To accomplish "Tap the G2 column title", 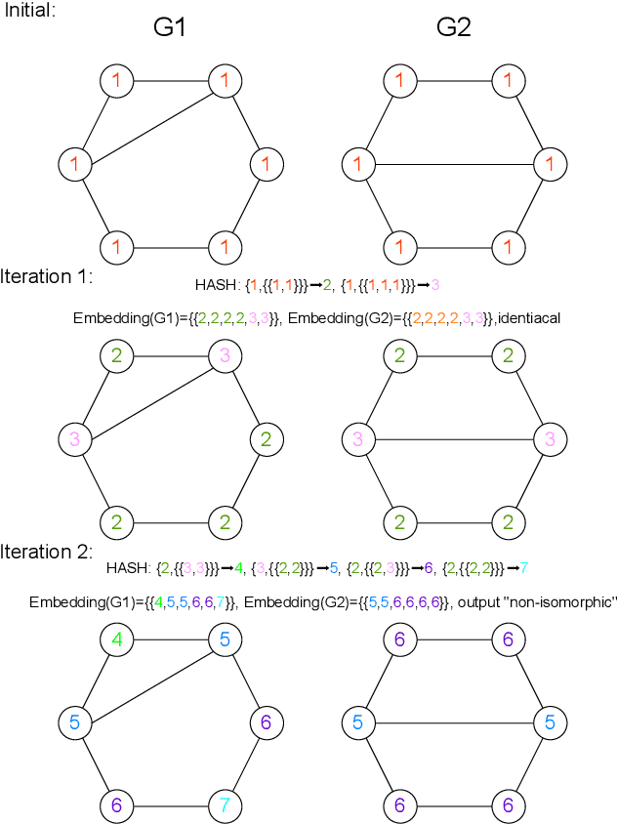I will (x=453, y=28).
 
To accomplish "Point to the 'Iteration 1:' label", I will (x=47, y=276).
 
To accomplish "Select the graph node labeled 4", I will (x=117, y=640).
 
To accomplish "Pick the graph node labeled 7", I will (x=225, y=805).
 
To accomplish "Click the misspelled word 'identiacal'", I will (x=535, y=318).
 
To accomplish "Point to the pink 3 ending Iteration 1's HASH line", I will (x=434, y=285).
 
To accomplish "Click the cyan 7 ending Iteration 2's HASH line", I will (x=524, y=566).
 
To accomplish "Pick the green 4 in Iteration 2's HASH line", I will (x=238, y=566).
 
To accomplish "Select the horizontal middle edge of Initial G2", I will (x=454, y=163).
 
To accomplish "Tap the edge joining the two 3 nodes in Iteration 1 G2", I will (x=454, y=439).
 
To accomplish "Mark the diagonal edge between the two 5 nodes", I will (x=149, y=682).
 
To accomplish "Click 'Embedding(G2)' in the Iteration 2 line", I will (x=290, y=603).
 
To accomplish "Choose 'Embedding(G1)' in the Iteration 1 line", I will (x=123, y=318).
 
